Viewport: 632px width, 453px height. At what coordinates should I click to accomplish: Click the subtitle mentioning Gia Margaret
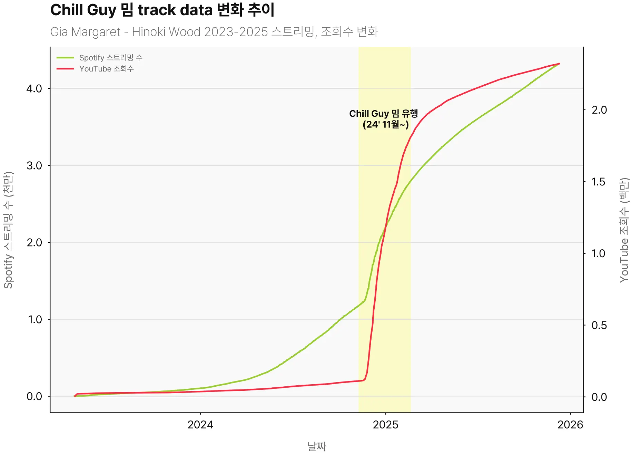click(214, 32)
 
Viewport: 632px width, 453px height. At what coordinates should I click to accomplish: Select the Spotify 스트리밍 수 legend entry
click(110, 58)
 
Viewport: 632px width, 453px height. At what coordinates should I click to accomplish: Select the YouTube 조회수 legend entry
click(106, 69)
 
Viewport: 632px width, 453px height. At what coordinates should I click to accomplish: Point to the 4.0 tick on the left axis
click(34, 88)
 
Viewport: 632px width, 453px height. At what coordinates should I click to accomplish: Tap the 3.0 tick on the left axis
click(34, 165)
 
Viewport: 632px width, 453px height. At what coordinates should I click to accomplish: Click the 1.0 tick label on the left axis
click(34, 319)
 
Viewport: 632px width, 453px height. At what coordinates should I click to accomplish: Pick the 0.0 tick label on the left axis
click(34, 396)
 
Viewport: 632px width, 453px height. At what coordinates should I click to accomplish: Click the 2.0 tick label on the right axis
click(599, 110)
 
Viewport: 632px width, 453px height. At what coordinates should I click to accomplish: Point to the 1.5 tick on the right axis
click(599, 182)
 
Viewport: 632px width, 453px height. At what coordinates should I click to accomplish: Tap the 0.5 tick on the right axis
click(599, 325)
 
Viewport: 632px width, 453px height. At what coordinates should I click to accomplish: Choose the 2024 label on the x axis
click(200, 424)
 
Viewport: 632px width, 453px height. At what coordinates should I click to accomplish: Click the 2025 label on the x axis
click(385, 424)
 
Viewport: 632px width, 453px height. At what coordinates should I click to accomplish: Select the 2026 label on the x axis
click(570, 424)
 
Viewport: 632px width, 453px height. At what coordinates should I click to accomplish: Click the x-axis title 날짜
click(317, 446)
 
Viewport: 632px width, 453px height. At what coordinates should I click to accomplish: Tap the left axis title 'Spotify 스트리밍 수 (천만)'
click(8, 230)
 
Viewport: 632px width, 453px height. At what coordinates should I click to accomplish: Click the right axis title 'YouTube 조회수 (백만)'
click(624, 230)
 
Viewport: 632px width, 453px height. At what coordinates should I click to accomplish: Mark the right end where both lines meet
click(559, 64)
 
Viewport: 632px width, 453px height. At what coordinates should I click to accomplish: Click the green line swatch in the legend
click(65, 58)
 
